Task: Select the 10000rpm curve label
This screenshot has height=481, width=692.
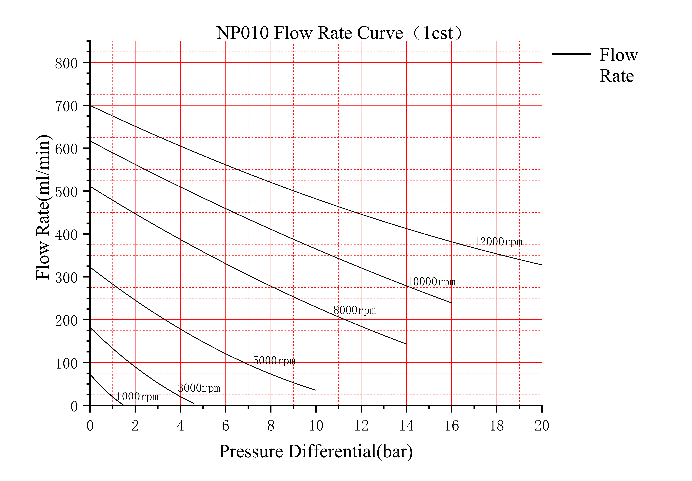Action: click(x=431, y=282)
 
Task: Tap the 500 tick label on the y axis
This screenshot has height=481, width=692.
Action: click(x=66, y=192)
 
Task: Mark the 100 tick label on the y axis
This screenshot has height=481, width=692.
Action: click(x=66, y=364)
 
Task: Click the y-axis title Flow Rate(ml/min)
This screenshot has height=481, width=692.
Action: click(x=43, y=207)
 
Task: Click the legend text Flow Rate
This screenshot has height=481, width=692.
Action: click(x=618, y=65)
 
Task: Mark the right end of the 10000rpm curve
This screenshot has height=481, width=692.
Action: click(x=451, y=303)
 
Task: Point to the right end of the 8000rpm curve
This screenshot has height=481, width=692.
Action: click(x=406, y=344)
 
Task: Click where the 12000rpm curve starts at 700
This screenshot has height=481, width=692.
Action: click(x=90, y=105)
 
